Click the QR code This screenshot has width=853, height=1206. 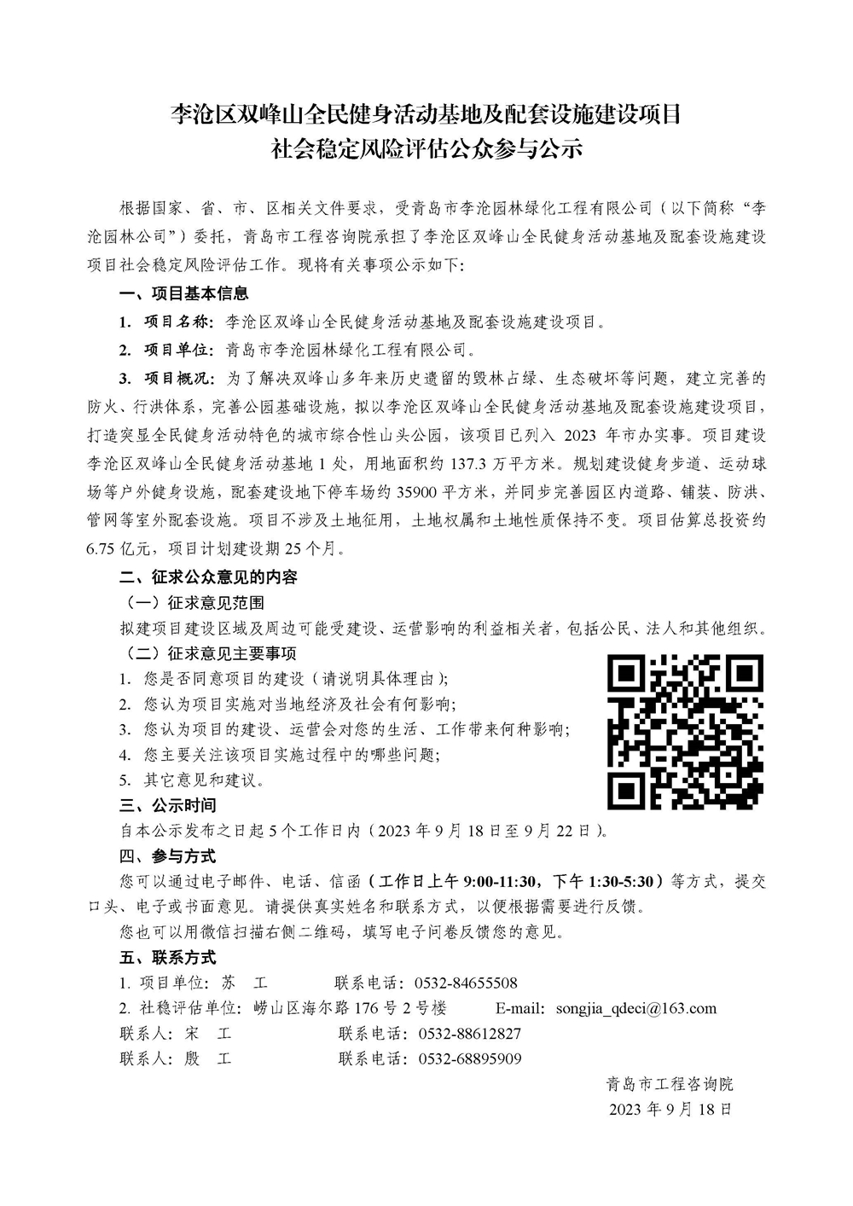[x=685, y=732]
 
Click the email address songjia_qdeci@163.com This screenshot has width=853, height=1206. [x=635, y=1008]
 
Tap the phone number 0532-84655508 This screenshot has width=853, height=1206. [x=466, y=983]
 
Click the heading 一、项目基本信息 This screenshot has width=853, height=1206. [x=183, y=293]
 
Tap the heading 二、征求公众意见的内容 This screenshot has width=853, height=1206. [x=208, y=577]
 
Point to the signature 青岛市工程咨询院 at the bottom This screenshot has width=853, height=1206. [x=670, y=1085]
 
